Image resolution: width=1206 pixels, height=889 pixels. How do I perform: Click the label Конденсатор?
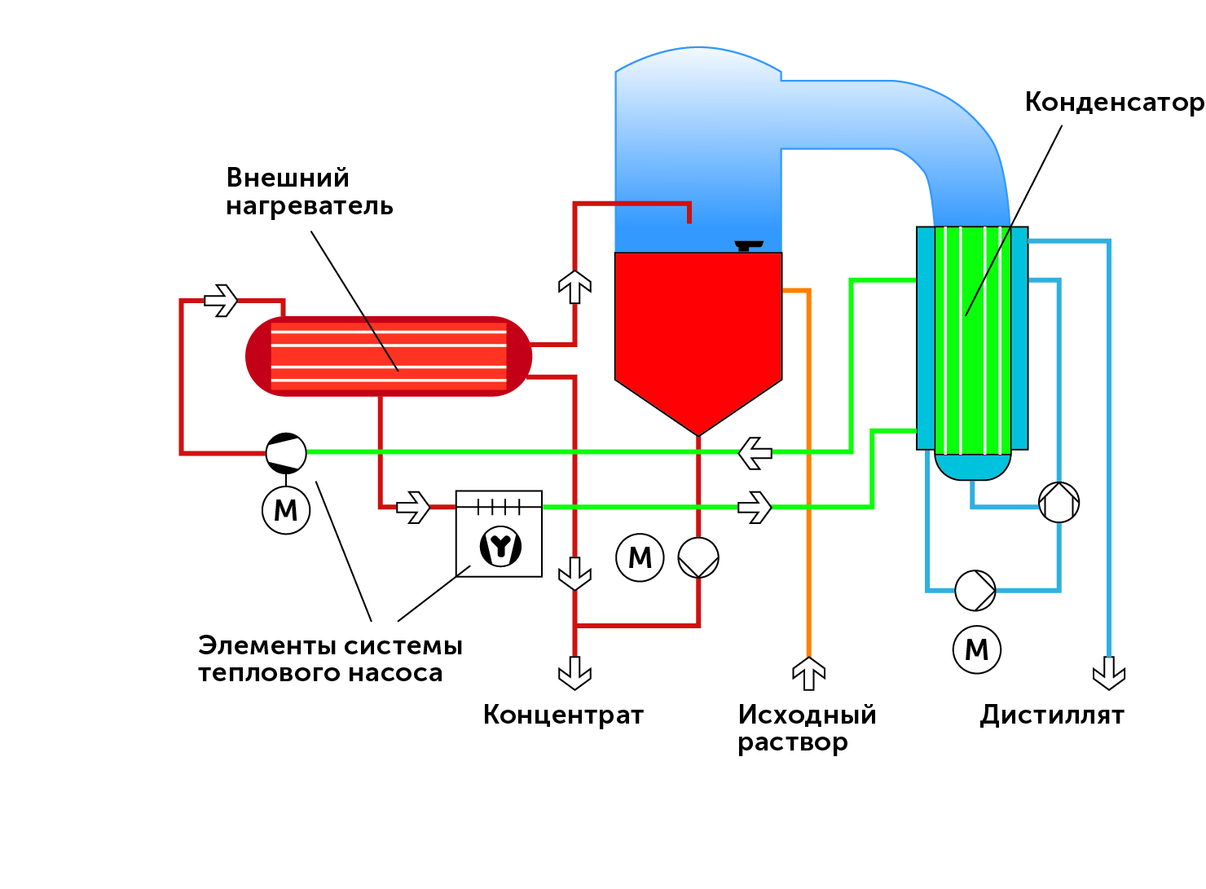[x=1113, y=103]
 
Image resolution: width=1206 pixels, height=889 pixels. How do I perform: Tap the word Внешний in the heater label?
[x=288, y=178]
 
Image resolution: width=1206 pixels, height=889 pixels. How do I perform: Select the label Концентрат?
[x=563, y=715]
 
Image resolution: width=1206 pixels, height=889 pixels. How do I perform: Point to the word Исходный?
[x=807, y=715]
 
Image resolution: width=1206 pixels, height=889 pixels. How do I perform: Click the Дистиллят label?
[x=1051, y=715]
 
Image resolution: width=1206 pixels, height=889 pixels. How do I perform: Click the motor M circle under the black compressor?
[x=286, y=510]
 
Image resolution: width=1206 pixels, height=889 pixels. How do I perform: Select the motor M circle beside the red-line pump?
[x=640, y=558]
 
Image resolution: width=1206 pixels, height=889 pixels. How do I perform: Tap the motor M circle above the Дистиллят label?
[x=977, y=649]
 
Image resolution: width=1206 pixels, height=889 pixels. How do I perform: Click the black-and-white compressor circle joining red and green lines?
[x=286, y=452]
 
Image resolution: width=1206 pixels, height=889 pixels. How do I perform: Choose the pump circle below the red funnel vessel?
[x=698, y=558]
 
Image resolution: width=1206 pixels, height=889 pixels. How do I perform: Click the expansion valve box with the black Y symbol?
[x=499, y=534]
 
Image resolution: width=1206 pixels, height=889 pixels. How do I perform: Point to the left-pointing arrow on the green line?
[x=755, y=452]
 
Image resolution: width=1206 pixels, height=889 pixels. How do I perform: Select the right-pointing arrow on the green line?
[x=755, y=507]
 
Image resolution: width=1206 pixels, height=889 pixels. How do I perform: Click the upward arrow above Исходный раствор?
[x=808, y=673]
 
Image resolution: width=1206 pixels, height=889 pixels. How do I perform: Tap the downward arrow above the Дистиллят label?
[x=1108, y=673]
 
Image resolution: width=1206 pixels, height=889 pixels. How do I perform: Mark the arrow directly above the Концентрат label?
[x=574, y=673]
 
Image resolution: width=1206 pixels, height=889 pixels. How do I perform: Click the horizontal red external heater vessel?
[x=389, y=356]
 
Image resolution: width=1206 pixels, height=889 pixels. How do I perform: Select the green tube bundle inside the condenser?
[x=971, y=340]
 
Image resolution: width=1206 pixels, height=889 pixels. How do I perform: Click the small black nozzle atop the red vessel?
[x=748, y=245]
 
